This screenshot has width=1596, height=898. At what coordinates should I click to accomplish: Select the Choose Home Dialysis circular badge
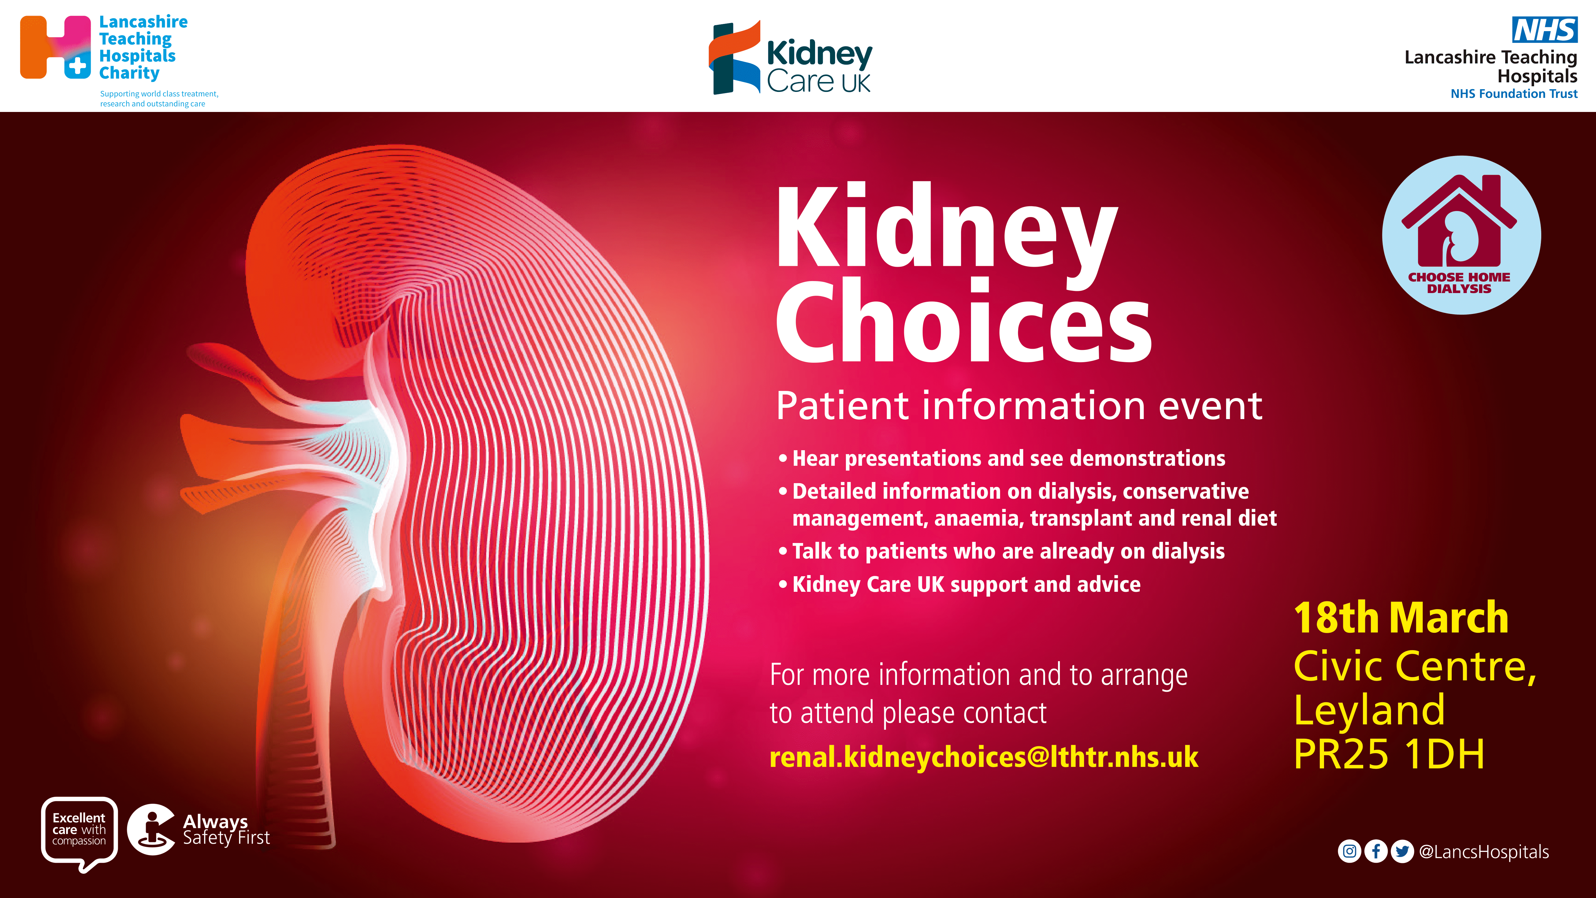1462,235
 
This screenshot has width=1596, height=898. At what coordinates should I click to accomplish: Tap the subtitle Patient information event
1019,406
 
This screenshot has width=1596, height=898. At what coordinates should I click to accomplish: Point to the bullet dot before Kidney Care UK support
783,584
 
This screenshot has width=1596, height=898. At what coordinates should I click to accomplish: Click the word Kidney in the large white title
947,232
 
